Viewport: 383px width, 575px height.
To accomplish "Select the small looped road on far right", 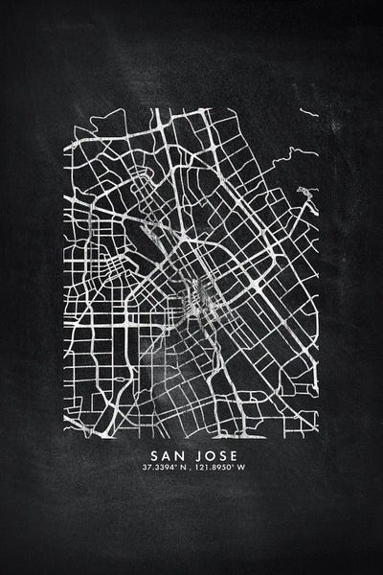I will [306, 197].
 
